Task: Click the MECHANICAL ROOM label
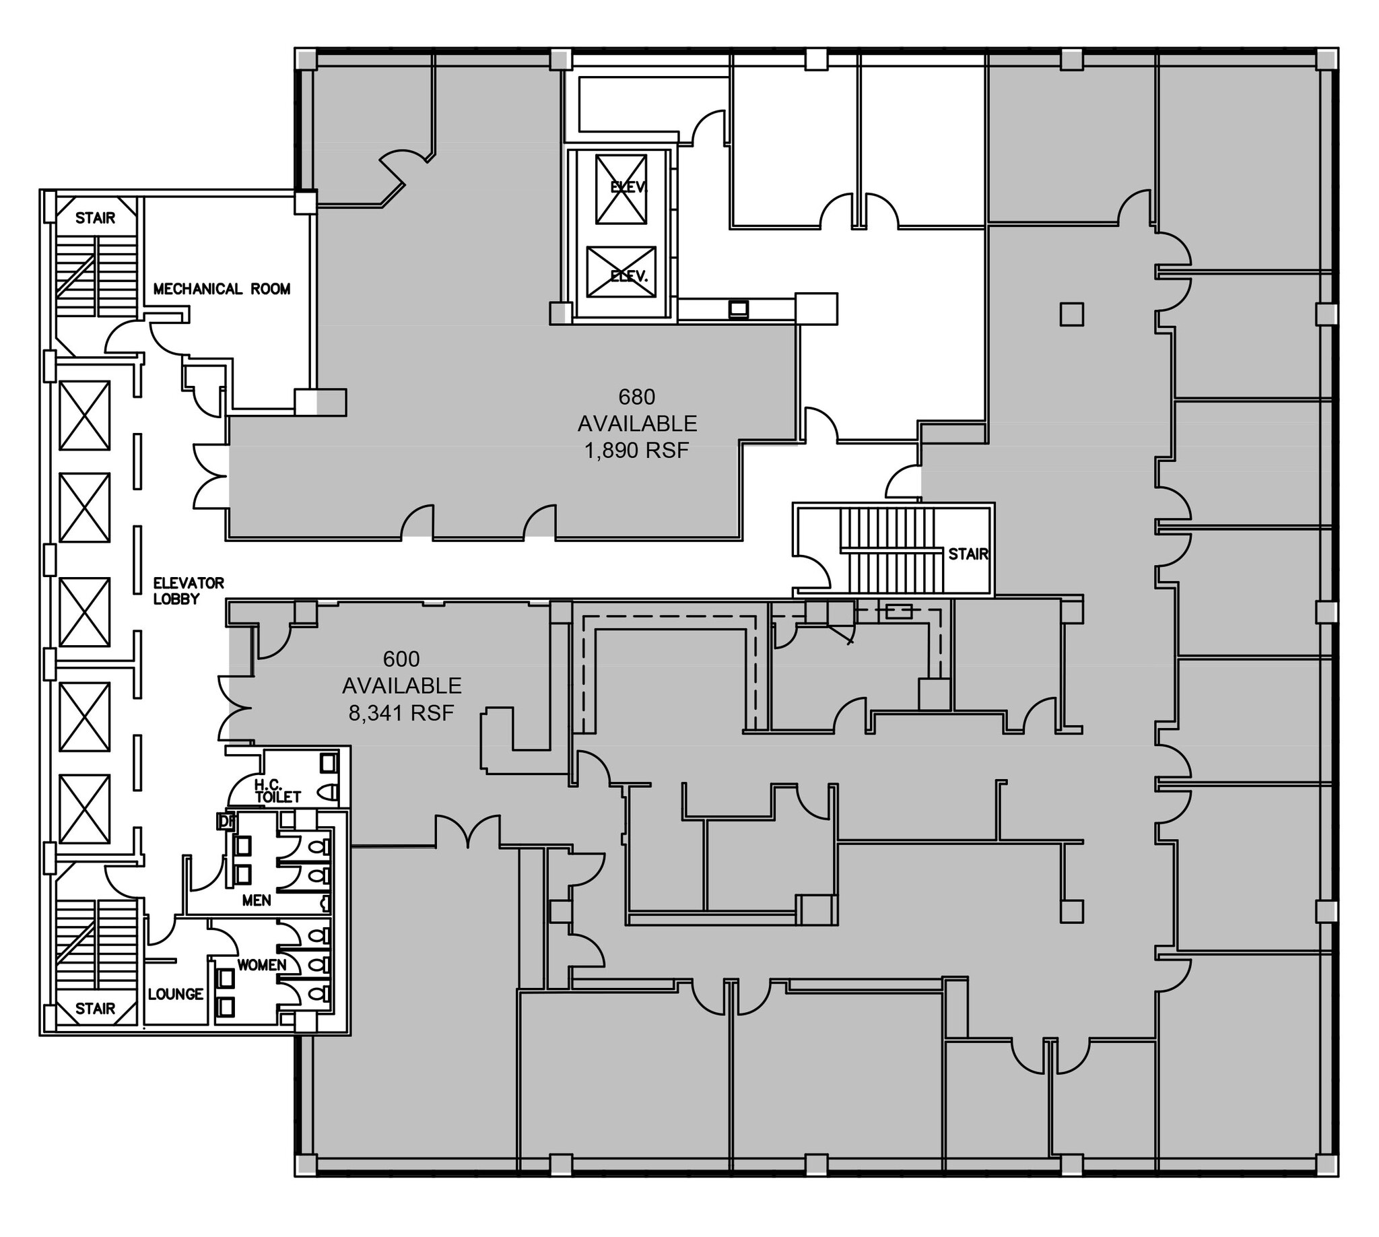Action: [x=222, y=289]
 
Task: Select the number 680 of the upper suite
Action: [x=636, y=396]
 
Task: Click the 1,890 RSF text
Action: [x=636, y=450]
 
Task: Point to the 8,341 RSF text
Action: [x=401, y=713]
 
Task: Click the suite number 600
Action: [x=401, y=659]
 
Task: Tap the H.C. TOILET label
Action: [x=277, y=791]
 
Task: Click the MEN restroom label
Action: [x=257, y=900]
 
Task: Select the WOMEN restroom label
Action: [x=261, y=965]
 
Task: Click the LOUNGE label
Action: [x=175, y=995]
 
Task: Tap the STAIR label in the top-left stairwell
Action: [x=95, y=218]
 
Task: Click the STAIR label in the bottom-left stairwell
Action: [x=95, y=1009]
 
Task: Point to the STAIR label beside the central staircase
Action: [x=968, y=554]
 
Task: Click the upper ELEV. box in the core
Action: [x=621, y=189]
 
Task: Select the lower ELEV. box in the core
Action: [x=621, y=272]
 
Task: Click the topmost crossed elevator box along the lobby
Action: [x=84, y=415]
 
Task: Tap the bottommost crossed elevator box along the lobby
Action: [x=84, y=809]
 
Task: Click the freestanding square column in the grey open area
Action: [x=1071, y=314]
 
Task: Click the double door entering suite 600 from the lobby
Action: [x=233, y=708]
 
